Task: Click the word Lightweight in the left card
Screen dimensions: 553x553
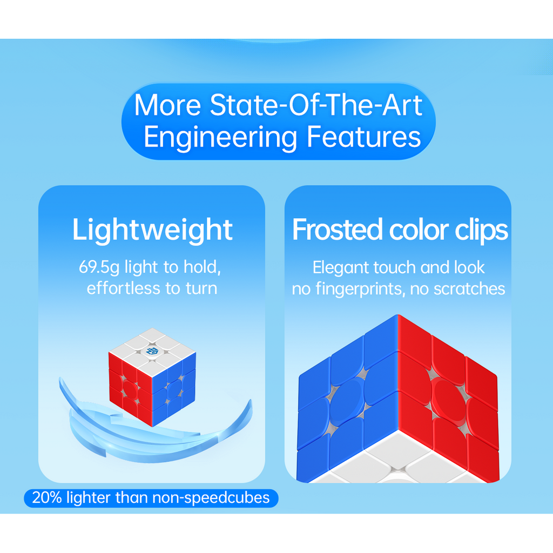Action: pyautogui.click(x=152, y=230)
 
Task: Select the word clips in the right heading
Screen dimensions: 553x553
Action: pyautogui.click(x=481, y=231)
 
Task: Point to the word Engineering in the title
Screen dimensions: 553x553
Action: pyautogui.click(x=221, y=137)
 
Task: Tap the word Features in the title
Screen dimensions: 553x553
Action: pyautogui.click(x=364, y=137)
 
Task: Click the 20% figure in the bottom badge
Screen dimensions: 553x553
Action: pyautogui.click(x=48, y=497)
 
